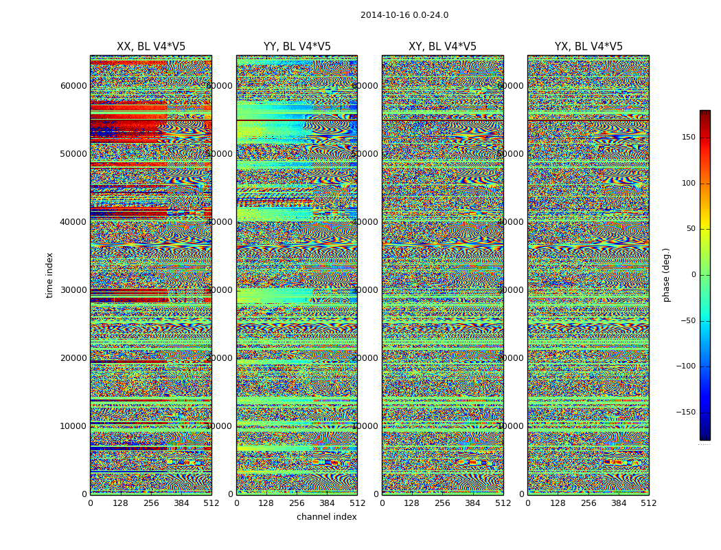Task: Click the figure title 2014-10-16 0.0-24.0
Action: pyautogui.click(x=404, y=15)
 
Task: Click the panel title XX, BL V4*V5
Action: pyautogui.click(x=151, y=47)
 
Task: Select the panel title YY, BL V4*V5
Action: pyautogui.click(x=297, y=47)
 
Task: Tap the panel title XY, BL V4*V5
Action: pyautogui.click(x=442, y=47)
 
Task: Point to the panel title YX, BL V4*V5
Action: pyautogui.click(x=588, y=47)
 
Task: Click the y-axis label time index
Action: pyautogui.click(x=49, y=275)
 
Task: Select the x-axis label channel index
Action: pyautogui.click(x=326, y=517)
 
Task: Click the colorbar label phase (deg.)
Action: pyautogui.click(x=666, y=275)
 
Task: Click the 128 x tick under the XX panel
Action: pyautogui.click(x=120, y=503)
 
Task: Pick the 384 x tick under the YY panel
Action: pyautogui.click(x=327, y=503)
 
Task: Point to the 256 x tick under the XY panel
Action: pyautogui.click(x=442, y=503)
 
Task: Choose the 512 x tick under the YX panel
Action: pyautogui.click(x=648, y=503)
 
